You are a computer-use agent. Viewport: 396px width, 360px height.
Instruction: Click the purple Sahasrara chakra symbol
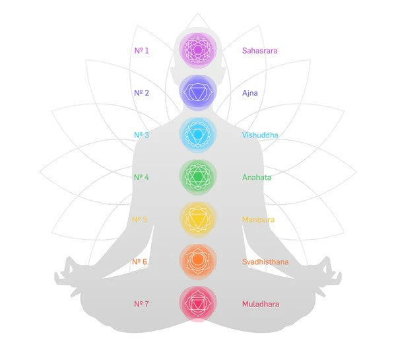tap(198, 50)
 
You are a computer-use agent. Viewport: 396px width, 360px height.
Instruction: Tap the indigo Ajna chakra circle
tap(198, 92)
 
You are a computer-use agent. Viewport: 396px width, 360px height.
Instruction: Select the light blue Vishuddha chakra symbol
tap(198, 135)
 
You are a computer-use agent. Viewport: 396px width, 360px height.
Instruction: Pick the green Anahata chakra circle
tap(198, 177)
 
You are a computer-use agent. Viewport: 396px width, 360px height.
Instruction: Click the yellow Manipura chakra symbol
tap(198, 219)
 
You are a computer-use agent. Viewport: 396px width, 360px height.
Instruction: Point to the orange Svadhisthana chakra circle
tap(198, 261)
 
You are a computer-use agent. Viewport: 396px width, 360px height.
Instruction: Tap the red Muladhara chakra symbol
tap(198, 303)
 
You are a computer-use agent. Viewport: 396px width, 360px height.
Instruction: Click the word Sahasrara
tap(259, 51)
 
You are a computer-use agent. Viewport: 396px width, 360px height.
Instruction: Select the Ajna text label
tap(249, 93)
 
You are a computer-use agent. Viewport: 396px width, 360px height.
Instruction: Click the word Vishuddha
tap(260, 135)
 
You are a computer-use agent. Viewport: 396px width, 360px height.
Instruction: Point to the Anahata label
tap(256, 177)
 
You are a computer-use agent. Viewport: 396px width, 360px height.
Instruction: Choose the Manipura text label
tap(258, 220)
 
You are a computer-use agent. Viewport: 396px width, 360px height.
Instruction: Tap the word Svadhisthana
tap(265, 262)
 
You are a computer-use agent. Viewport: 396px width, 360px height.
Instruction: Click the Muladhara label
tap(261, 304)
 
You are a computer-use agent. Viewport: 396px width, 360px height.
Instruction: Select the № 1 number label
tap(141, 51)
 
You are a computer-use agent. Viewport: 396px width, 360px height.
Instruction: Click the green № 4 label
tap(141, 177)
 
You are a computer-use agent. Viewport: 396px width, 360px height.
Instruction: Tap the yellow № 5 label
tap(139, 219)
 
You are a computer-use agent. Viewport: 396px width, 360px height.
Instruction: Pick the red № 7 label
tap(141, 304)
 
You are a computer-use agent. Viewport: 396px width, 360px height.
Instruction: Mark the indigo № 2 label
tap(141, 92)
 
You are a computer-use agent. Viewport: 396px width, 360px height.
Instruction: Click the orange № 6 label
tap(139, 262)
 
